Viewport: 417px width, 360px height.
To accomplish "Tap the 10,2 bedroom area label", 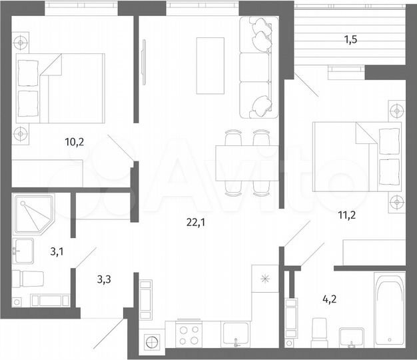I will click(74, 141).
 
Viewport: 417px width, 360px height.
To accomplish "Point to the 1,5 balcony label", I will click(350, 39).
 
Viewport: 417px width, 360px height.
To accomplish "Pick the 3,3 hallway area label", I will click(104, 280).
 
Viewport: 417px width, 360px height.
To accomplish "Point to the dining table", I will click(246, 162).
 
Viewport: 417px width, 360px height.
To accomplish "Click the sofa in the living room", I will click(256, 65).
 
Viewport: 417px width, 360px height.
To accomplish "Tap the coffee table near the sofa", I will click(210, 65).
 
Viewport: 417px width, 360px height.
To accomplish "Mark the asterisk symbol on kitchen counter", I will click(264, 279).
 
